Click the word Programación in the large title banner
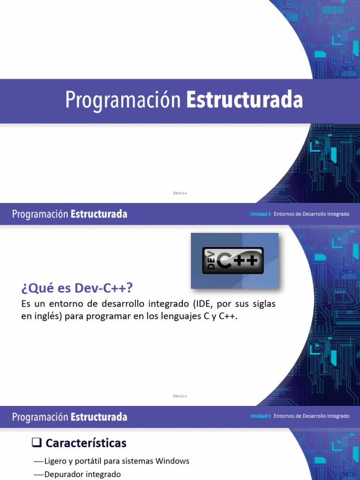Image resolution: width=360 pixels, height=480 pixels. pyautogui.click(x=123, y=100)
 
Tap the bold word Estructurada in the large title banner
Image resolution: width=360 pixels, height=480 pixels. pyautogui.click(x=244, y=100)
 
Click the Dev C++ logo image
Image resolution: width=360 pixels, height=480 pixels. pyautogui.click(x=234, y=261)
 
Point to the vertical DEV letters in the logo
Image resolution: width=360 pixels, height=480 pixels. pyautogui.click(x=211, y=261)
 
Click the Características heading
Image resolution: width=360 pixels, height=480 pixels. pyautogui.click(x=86, y=443)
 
